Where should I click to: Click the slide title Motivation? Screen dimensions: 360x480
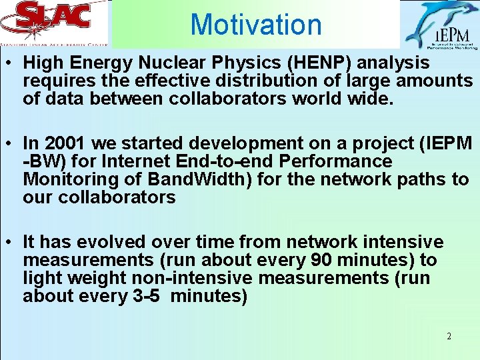pos(256,25)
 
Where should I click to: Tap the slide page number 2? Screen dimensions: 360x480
pos(449,336)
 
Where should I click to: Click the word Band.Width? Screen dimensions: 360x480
pos(186,179)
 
